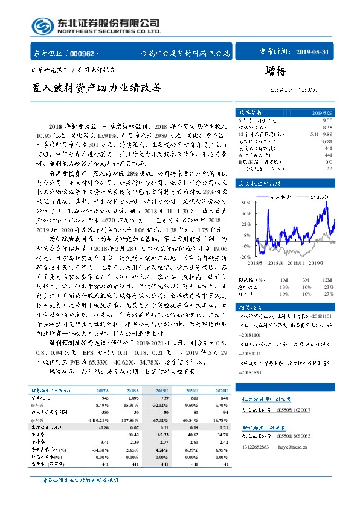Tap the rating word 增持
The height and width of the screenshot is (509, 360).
[x=275, y=71]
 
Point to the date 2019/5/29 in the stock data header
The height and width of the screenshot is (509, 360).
[x=321, y=113]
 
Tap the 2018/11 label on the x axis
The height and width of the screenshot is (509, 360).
[x=297, y=264]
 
